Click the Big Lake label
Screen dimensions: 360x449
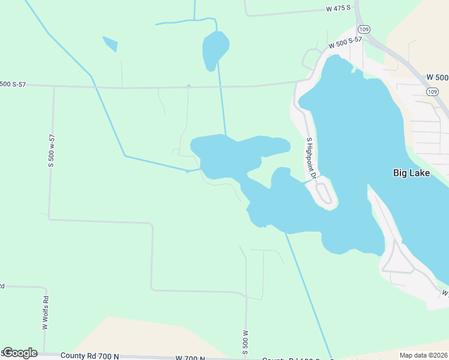point(412,173)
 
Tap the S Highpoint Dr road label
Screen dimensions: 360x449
point(310,155)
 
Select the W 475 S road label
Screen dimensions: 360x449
point(338,9)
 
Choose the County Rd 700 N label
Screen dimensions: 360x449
point(90,356)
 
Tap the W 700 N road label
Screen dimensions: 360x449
point(191,358)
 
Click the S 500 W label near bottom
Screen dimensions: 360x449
point(246,341)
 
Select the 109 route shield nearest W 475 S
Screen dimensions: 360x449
point(363,29)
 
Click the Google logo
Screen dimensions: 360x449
point(20,353)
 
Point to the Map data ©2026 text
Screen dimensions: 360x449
point(423,355)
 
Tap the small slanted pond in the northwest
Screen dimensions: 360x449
point(110,44)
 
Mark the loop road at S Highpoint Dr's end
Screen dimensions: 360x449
point(324,193)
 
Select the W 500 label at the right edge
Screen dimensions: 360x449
point(437,77)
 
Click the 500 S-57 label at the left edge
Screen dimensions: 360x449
point(13,84)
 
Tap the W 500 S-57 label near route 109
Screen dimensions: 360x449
point(345,44)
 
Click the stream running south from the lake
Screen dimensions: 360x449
point(309,294)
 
